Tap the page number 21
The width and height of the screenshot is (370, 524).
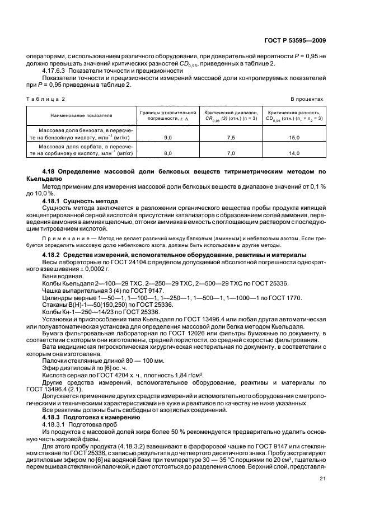click(322, 478)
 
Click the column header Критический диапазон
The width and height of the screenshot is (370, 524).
click(231, 112)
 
